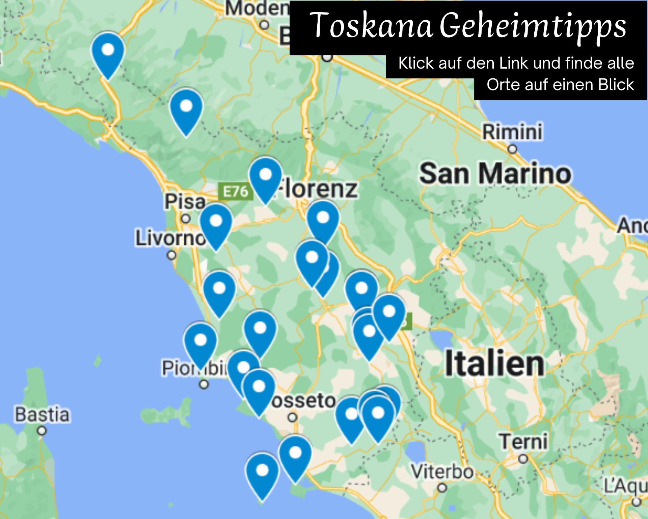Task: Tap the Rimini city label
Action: (x=512, y=131)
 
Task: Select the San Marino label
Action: (x=495, y=174)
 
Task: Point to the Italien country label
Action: (x=494, y=364)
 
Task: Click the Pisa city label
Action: (x=185, y=201)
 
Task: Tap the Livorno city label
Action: (x=170, y=238)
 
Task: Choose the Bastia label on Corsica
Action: (x=42, y=415)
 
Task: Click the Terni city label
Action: (x=523, y=442)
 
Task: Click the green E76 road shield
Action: (x=236, y=192)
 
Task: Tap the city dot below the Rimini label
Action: (x=512, y=149)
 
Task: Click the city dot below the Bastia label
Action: (x=42, y=431)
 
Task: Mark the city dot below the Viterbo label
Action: (x=442, y=488)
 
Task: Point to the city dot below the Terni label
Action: (x=523, y=459)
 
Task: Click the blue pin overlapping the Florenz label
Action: (x=266, y=177)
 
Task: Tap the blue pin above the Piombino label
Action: (x=200, y=343)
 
